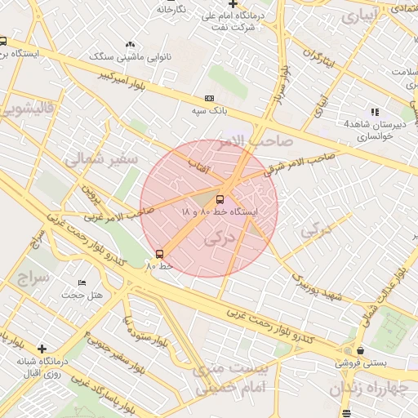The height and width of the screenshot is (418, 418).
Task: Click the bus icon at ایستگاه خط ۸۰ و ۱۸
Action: click(x=219, y=199)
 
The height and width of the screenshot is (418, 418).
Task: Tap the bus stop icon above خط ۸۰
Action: click(x=159, y=253)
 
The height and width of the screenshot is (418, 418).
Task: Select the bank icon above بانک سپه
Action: click(x=208, y=97)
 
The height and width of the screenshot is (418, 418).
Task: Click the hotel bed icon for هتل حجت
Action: click(x=82, y=282)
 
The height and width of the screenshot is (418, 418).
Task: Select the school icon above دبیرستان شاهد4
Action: click(x=375, y=112)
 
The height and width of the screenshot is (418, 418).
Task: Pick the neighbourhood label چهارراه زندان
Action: click(x=373, y=389)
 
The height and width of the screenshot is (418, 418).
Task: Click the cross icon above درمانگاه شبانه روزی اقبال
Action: click(x=42, y=349)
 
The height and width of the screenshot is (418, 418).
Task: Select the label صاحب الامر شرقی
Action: click(x=299, y=163)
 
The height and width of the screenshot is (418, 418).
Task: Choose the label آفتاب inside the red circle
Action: click(x=201, y=167)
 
